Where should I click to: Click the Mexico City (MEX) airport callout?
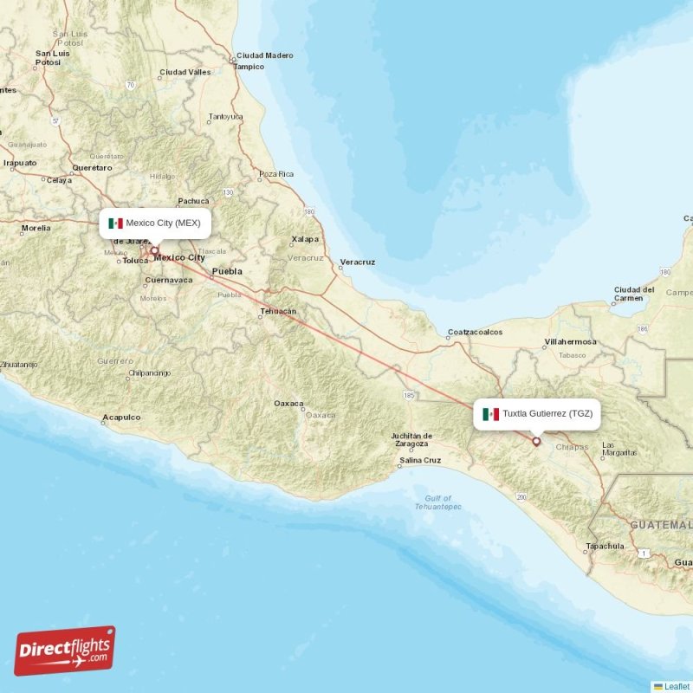pyautogui.click(x=155, y=223)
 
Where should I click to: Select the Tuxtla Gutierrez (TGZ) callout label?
pyautogui.click(x=538, y=414)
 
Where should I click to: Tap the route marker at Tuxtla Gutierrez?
pyautogui.click(x=536, y=442)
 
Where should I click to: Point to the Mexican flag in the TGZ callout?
pyautogui.click(x=491, y=414)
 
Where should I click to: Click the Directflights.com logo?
pyautogui.click(x=64, y=651)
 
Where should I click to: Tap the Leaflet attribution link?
pyautogui.click(x=677, y=686)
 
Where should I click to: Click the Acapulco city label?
pyautogui.click(x=121, y=418)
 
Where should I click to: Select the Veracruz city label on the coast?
pyautogui.click(x=358, y=262)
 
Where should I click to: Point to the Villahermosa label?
pyautogui.click(x=570, y=342)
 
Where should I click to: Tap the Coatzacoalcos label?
pyautogui.click(x=475, y=332)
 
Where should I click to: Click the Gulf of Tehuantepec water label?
pyautogui.click(x=438, y=502)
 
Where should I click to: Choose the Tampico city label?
pyautogui.click(x=249, y=67)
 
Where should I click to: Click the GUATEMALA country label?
pyautogui.click(x=661, y=526)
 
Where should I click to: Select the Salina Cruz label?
pyautogui.click(x=420, y=460)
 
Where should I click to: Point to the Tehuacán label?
pyautogui.click(x=278, y=311)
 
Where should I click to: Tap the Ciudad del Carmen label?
pyautogui.click(x=635, y=294)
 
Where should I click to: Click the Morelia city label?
pyautogui.click(x=36, y=229)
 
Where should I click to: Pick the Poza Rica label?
pyautogui.click(x=276, y=174)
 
